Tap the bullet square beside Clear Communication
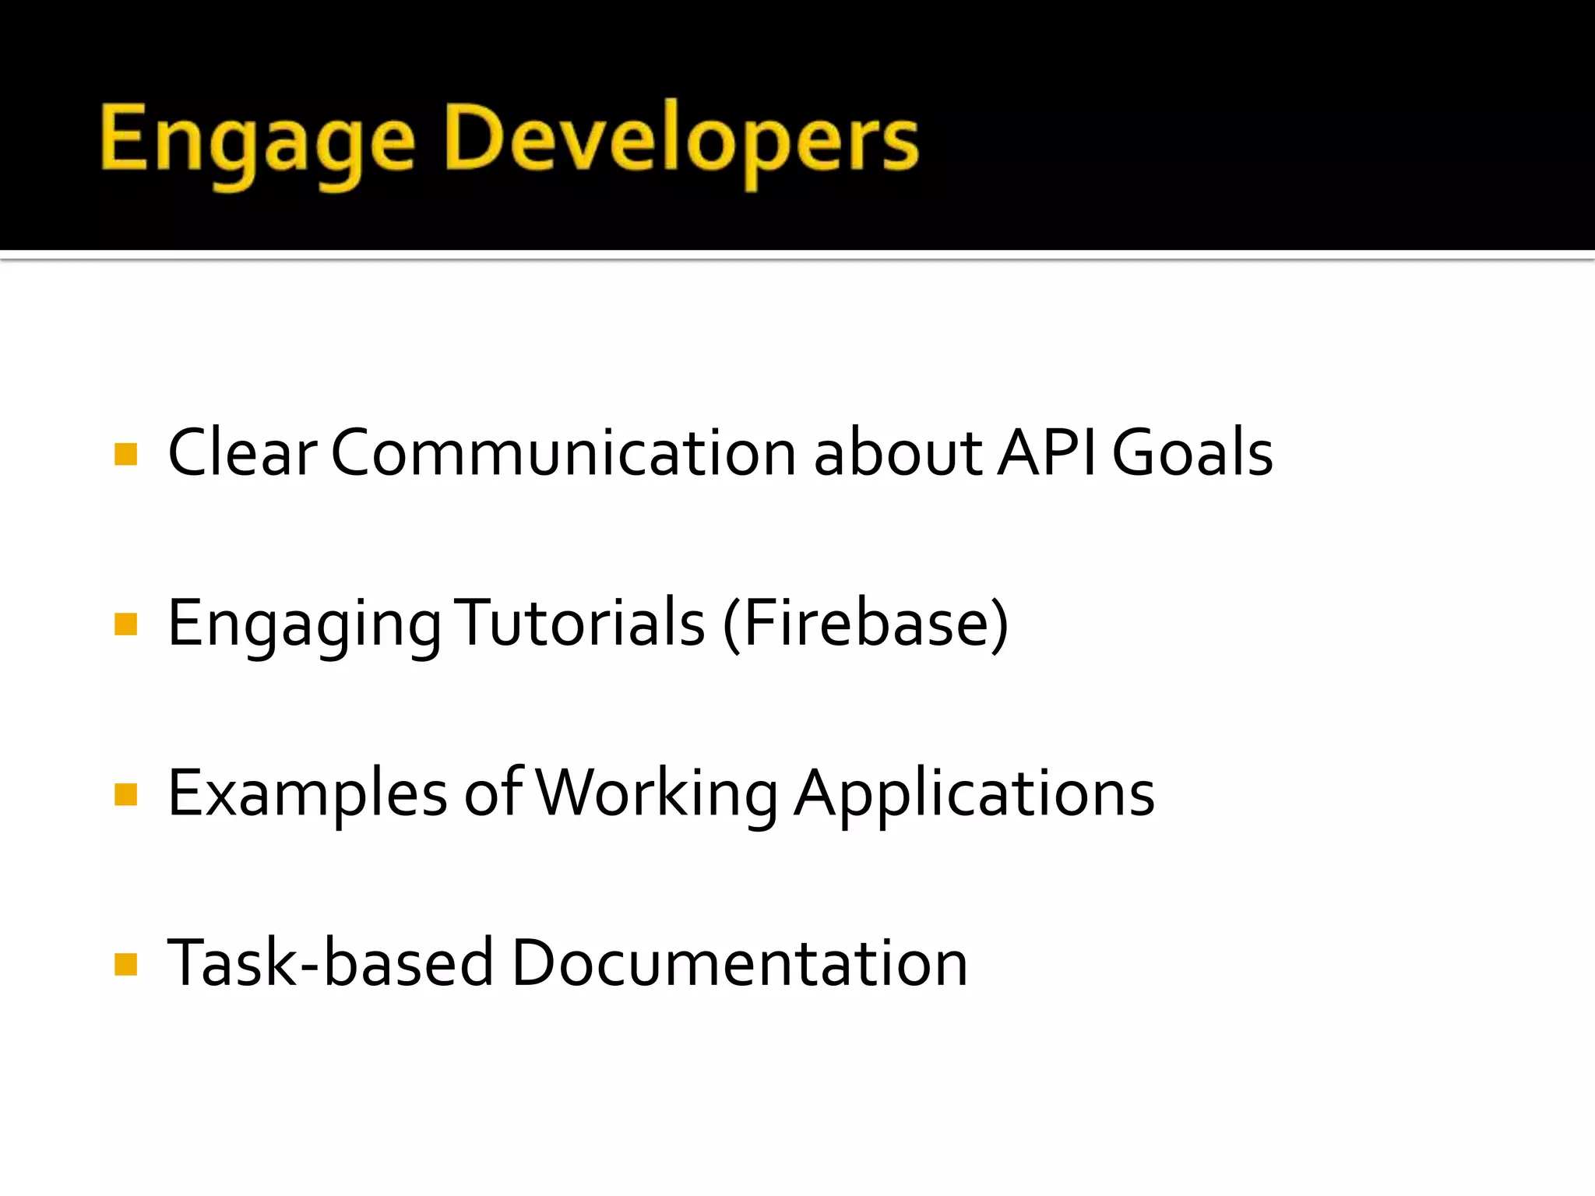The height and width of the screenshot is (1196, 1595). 125,454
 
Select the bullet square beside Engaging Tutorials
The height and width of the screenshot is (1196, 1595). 125,624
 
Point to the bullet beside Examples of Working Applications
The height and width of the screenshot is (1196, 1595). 125,795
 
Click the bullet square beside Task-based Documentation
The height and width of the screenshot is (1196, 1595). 125,965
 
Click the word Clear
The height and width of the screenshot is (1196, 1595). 242,453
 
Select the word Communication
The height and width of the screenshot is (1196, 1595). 563,453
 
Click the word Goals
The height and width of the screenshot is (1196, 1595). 1192,453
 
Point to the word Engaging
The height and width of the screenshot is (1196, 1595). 305,624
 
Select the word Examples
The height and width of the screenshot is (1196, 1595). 308,794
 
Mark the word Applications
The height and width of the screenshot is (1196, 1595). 974,794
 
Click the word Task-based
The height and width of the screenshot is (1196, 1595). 331,964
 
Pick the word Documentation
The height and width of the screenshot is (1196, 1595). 739,964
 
